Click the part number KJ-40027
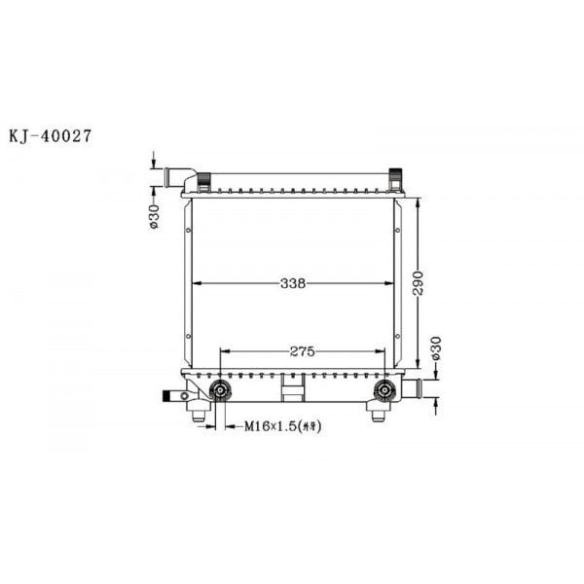[51, 137]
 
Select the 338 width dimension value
[293, 284]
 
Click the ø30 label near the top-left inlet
[155, 216]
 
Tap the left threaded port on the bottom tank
[221, 391]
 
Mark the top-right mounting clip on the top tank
[395, 179]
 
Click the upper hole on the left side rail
[187, 232]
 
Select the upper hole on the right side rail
[397, 232]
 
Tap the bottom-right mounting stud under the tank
[379, 414]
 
